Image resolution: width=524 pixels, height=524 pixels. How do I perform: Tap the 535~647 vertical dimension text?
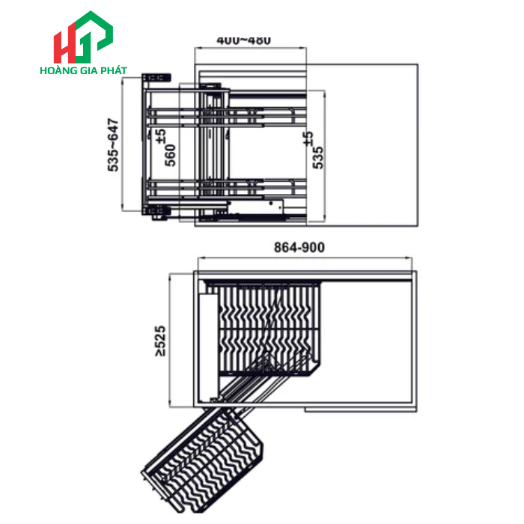click(x=114, y=145)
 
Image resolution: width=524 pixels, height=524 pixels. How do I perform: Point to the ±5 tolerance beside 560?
click(x=160, y=136)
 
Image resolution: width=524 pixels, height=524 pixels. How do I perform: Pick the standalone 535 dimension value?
click(x=317, y=158)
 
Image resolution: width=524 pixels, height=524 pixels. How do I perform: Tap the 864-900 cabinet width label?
click(x=299, y=248)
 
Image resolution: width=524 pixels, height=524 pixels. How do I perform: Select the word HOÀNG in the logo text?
click(x=60, y=72)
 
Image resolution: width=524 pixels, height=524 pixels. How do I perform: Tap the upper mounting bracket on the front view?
click(x=156, y=77)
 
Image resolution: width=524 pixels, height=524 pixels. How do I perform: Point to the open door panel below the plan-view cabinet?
click(x=359, y=409)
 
